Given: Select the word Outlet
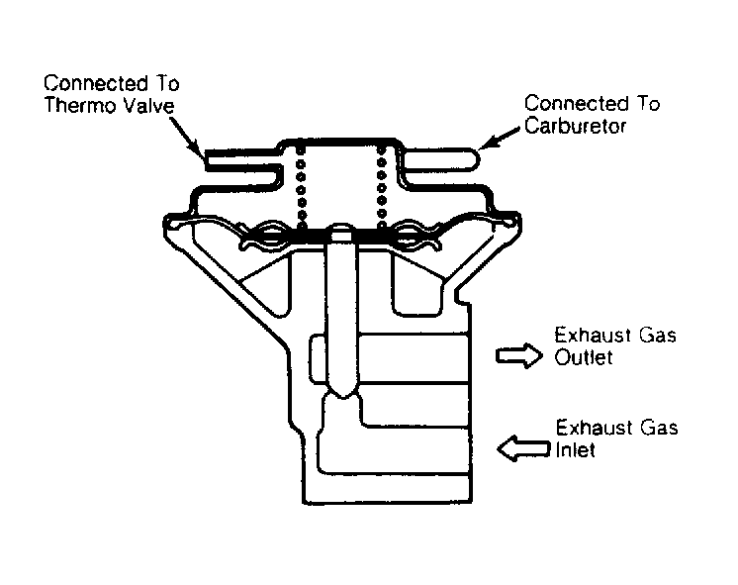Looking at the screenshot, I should [x=584, y=357].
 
